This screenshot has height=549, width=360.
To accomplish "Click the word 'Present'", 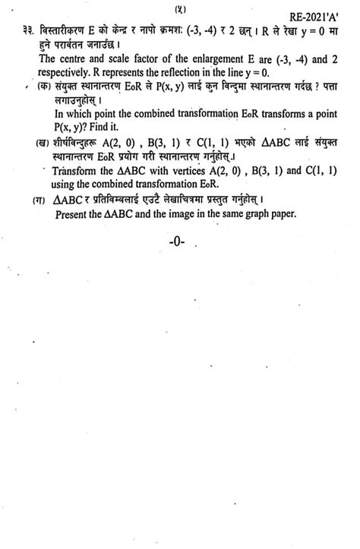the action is coord(73,215).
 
